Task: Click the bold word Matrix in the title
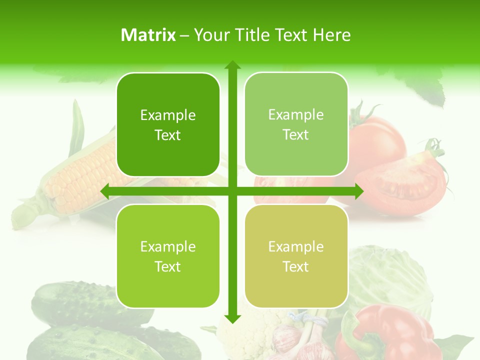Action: click(x=148, y=35)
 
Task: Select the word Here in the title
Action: click(x=331, y=35)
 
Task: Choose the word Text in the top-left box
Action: click(x=168, y=135)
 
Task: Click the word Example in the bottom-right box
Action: click(x=296, y=246)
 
